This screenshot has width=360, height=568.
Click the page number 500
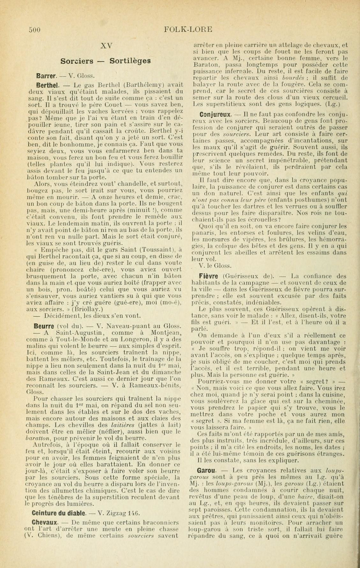click(x=35, y=30)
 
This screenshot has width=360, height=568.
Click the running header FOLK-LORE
click(x=188, y=29)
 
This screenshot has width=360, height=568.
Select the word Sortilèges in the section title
click(x=130, y=61)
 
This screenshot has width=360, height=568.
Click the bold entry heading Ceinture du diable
click(x=58, y=513)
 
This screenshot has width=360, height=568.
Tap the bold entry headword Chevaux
click(x=44, y=523)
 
